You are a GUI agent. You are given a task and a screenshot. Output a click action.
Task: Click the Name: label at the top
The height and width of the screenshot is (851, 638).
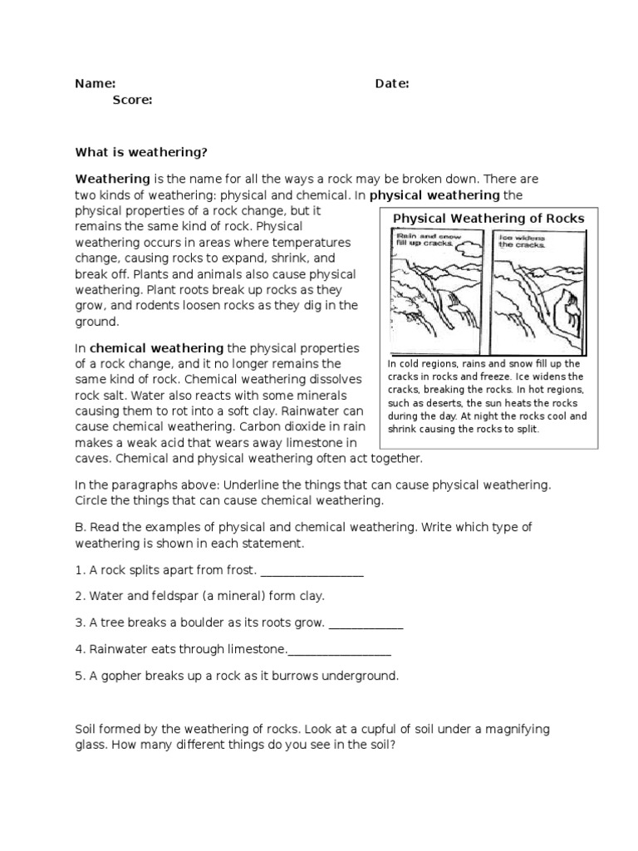95,84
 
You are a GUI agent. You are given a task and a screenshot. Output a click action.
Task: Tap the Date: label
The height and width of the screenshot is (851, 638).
391,84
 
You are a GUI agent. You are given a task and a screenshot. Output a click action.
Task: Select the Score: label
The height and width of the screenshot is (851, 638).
132,100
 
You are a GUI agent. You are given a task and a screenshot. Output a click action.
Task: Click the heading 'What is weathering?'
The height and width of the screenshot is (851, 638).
140,152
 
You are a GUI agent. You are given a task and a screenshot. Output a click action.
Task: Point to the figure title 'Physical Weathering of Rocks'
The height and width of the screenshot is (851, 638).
488,219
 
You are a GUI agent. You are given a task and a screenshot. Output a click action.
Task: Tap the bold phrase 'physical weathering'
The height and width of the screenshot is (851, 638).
435,195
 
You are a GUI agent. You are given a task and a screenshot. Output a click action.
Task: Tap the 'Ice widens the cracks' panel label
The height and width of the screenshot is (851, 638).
521,241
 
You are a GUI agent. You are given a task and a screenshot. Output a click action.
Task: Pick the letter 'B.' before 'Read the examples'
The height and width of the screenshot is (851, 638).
81,528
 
